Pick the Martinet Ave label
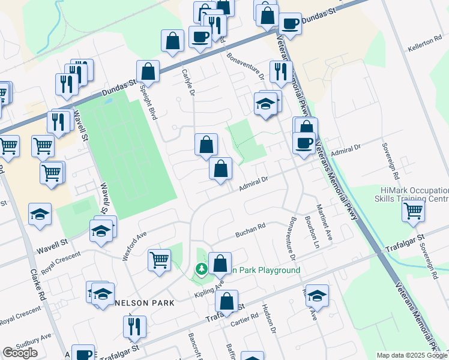pos(328,220)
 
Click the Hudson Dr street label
pos(268,319)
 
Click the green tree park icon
pos(202,270)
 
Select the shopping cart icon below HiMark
pos(414,211)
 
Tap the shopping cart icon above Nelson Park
pos(160,260)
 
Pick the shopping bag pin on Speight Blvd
pos(148,71)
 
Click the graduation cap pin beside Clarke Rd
pos(40,214)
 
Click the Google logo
pos(20,353)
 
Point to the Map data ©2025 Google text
pos(411,355)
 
